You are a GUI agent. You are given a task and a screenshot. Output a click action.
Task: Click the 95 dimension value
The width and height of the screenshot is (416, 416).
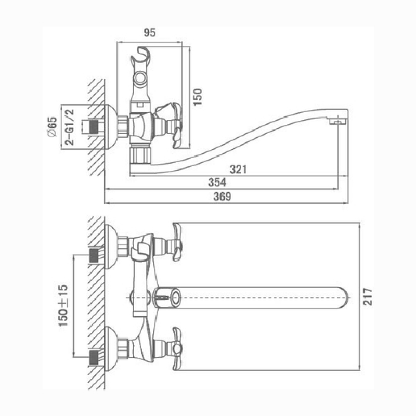point(150,33)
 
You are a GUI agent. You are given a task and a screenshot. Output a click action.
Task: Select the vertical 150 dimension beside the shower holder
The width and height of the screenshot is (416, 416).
point(198,97)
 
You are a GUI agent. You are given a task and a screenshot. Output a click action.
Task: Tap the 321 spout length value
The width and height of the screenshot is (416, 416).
point(238,170)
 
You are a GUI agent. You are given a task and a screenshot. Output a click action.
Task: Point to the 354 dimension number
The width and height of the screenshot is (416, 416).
point(217,183)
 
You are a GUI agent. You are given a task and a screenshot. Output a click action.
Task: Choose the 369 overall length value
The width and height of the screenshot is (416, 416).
point(223,197)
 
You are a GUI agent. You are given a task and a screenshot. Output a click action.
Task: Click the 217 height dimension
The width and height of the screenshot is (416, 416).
point(368,296)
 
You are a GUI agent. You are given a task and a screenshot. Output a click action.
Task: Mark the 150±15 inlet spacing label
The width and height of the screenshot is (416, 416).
point(63,306)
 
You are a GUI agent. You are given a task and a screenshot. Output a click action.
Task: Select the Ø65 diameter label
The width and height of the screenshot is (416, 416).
point(52,127)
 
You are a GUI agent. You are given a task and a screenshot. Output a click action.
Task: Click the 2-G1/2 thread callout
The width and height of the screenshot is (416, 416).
point(70,127)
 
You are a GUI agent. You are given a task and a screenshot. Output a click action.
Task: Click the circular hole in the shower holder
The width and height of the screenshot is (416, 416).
point(140,79)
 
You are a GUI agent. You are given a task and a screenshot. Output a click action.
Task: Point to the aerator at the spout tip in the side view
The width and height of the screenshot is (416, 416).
point(338,122)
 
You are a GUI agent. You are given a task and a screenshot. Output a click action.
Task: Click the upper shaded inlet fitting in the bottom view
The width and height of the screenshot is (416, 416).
point(94,255)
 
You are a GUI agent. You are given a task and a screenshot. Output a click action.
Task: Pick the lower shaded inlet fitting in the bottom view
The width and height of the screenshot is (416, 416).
point(94,357)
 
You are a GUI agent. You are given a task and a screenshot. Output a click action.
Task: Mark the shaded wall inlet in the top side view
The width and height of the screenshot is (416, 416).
point(94,127)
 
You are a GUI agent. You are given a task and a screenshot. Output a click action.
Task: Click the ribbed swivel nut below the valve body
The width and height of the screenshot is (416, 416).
point(140,155)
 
